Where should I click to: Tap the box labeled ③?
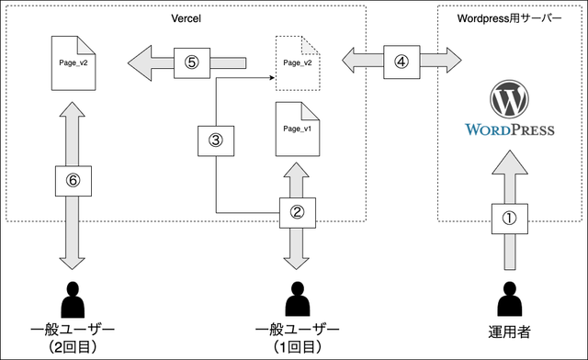tap(216, 141)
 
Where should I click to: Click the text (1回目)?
tap(297, 346)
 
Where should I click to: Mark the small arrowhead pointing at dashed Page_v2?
tap(274, 79)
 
